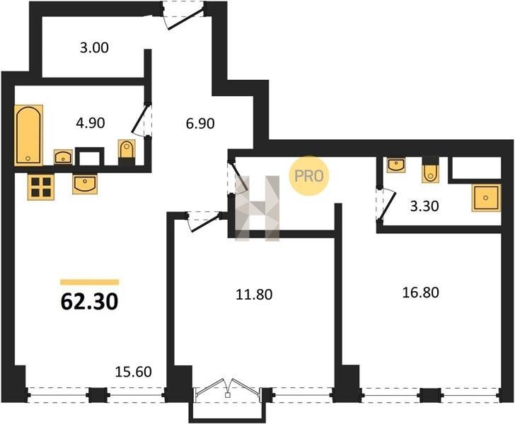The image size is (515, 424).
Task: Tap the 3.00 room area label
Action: [x=94, y=47]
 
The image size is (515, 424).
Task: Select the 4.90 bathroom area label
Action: [x=91, y=123]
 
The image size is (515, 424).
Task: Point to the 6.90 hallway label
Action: [x=200, y=124]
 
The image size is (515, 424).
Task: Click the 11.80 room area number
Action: [x=254, y=295]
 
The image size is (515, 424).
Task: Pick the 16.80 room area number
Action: [x=421, y=293]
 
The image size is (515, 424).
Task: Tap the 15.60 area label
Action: [x=133, y=372]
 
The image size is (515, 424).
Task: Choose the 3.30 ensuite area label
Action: [x=424, y=206]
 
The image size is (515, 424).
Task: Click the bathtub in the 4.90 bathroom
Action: [x=28, y=135]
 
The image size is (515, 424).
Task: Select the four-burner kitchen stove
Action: [x=41, y=187]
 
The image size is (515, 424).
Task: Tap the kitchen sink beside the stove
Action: [x=85, y=184]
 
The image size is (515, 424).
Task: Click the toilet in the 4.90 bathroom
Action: [x=127, y=152]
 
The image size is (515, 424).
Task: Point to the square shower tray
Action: [x=486, y=198]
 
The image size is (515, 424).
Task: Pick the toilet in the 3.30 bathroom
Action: [x=430, y=170]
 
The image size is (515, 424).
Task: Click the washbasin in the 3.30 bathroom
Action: [x=396, y=165]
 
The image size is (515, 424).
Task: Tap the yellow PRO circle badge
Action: [x=308, y=176]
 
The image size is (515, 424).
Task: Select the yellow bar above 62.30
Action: [x=90, y=282]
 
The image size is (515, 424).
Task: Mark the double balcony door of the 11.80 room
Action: [x=228, y=388]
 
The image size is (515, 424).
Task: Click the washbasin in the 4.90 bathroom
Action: [x=64, y=157]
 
